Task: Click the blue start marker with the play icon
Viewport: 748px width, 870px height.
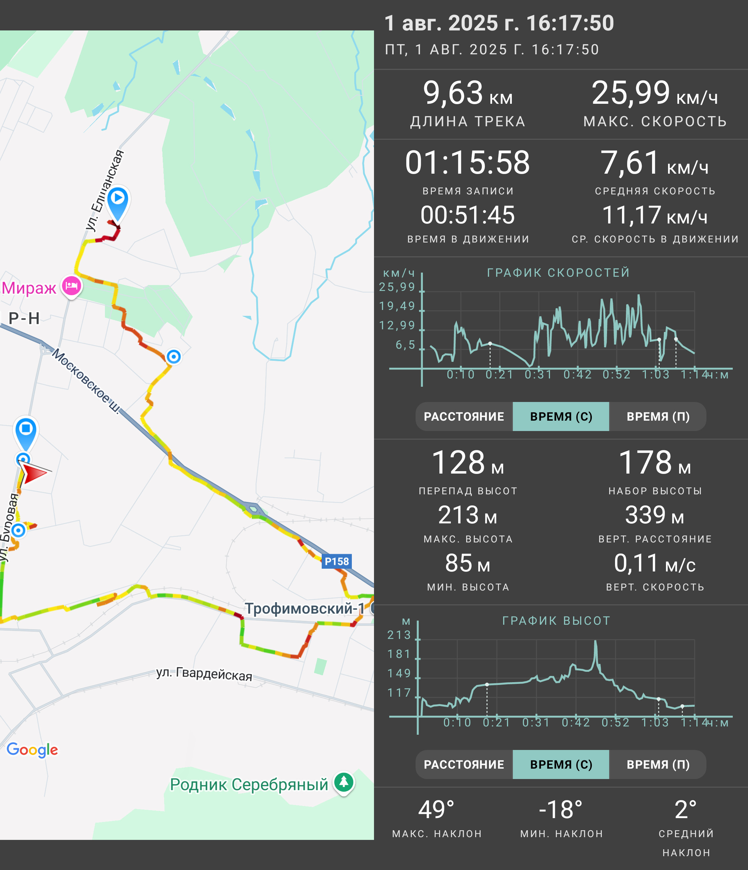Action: click(118, 202)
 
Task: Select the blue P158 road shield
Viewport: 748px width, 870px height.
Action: click(336, 561)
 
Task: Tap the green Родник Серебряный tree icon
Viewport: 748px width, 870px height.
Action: click(344, 783)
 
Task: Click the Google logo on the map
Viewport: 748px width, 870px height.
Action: click(32, 750)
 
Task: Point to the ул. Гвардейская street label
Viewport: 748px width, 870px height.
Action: click(204, 674)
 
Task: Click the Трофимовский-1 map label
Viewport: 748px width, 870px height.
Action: click(305, 608)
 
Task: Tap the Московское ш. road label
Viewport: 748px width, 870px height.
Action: click(86, 381)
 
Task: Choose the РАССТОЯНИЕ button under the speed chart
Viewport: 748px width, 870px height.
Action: click(464, 416)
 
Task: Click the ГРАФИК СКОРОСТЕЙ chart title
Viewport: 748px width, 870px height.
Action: click(559, 273)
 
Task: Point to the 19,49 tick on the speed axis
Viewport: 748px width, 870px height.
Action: click(397, 306)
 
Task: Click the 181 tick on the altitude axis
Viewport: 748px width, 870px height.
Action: click(399, 654)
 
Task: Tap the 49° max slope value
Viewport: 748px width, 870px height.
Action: click(436, 809)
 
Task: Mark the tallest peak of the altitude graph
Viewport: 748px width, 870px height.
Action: click(595, 641)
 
